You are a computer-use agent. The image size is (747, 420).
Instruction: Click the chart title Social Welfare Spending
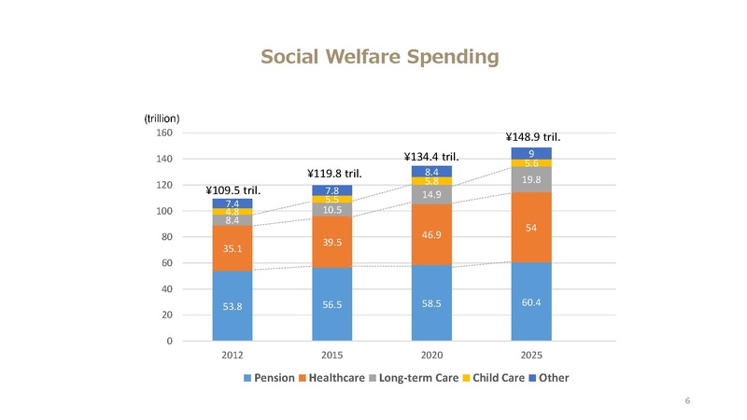coord(380,58)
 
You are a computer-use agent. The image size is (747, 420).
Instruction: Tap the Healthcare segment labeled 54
coord(531,227)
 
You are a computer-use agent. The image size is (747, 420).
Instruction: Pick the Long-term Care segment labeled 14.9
coord(431,195)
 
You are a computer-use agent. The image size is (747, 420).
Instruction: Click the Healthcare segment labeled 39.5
coord(331,242)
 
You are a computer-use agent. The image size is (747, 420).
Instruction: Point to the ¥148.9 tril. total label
coord(533,136)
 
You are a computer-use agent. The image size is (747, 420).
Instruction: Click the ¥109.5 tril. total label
coord(232,190)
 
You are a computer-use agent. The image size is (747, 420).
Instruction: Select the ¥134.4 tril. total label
coord(431,156)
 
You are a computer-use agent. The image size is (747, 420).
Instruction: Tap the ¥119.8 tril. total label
coord(334,173)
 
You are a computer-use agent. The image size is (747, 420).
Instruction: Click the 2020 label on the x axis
coord(431,356)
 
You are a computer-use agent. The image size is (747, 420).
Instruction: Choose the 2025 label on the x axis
coord(531,356)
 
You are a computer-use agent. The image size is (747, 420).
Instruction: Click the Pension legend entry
coord(269,378)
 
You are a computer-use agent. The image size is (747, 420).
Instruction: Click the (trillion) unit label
coord(162,118)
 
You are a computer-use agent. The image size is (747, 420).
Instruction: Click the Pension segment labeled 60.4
coord(531,301)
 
